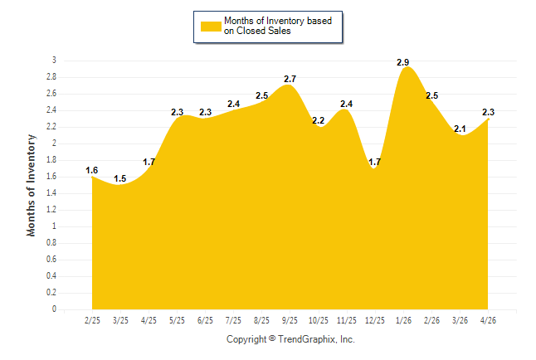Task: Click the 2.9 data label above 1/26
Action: [402, 62]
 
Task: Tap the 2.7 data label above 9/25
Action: [290, 79]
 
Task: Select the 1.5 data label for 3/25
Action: [120, 178]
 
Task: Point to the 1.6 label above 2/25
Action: [91, 170]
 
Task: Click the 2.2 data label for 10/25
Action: [319, 120]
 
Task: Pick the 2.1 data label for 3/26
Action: [460, 129]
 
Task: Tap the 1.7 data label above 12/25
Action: [375, 162]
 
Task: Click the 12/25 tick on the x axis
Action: [375, 320]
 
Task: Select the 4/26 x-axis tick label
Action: [488, 320]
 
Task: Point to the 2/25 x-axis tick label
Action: [92, 320]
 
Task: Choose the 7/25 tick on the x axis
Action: [233, 320]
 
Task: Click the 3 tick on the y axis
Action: [54, 61]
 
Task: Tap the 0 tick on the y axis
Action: [54, 309]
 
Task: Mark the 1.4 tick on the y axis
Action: [51, 193]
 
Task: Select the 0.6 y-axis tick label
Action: [51, 260]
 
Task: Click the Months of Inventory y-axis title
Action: [31, 185]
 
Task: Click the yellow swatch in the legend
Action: [211, 27]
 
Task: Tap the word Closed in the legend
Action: [251, 31]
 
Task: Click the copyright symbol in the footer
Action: [272, 338]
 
